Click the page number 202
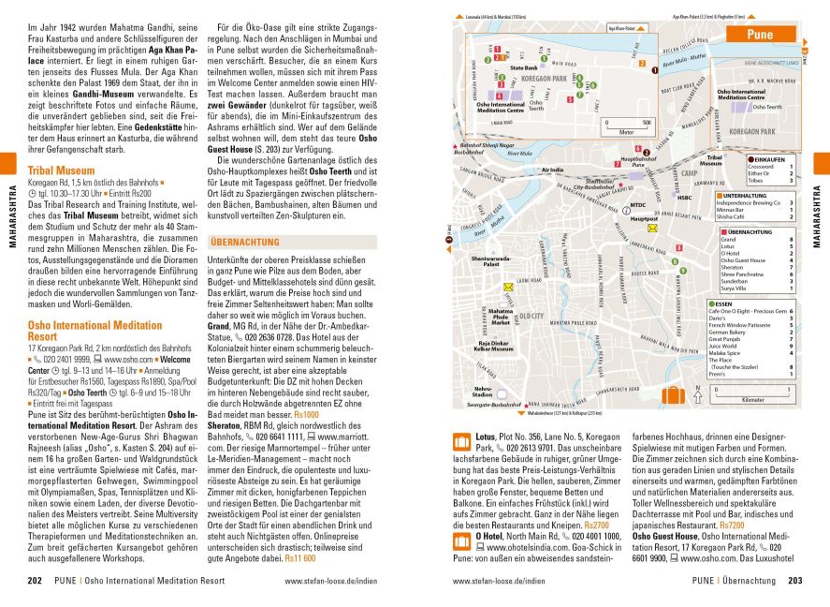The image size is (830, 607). [36, 581]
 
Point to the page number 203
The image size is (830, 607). [794, 581]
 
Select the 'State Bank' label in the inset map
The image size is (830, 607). [523, 68]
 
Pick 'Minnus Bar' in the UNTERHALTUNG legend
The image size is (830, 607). [734, 210]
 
